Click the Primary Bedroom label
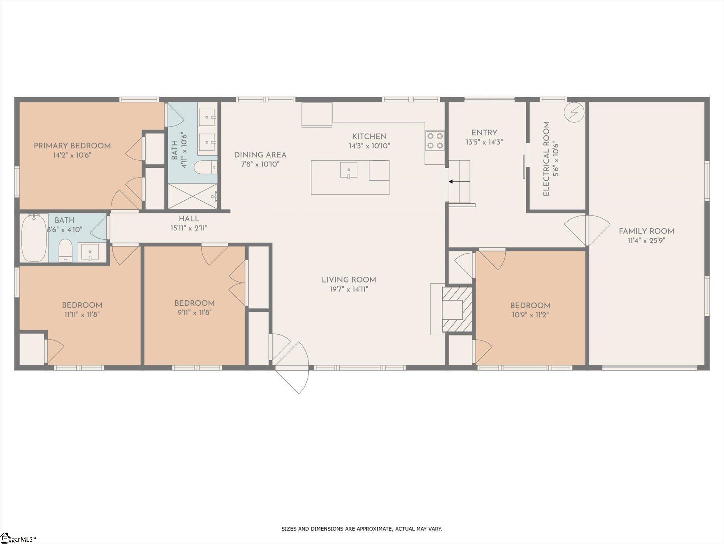tap(72, 146)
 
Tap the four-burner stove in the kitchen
tap(435, 140)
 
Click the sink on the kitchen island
tap(348, 170)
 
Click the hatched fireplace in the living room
tap(457, 310)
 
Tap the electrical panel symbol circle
tap(574, 112)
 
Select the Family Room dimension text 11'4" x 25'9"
tap(647, 241)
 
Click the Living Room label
tap(349, 280)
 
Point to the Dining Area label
tap(260, 155)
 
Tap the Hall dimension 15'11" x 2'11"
tap(189, 228)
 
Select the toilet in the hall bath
tap(65, 251)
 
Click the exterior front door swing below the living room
tap(292, 379)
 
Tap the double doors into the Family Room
tap(587, 230)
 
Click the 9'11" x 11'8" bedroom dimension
tap(194, 313)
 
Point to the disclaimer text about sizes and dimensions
tap(362, 529)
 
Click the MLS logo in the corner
tap(18, 538)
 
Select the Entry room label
tap(484, 133)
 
